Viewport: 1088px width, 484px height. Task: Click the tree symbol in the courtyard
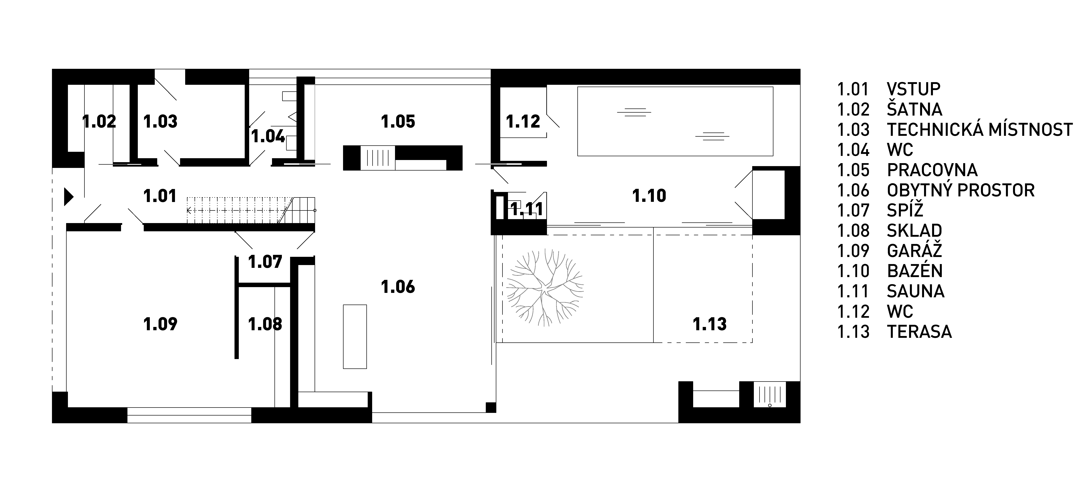click(545, 287)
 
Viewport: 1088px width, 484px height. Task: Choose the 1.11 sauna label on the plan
click(527, 209)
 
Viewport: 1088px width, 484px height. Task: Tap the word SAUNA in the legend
click(916, 291)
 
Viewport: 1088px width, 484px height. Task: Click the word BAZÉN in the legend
click(915, 271)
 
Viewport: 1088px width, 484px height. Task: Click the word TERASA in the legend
click(919, 332)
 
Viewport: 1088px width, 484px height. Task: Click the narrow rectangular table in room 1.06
click(355, 336)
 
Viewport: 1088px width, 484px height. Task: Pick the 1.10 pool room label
click(649, 196)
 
